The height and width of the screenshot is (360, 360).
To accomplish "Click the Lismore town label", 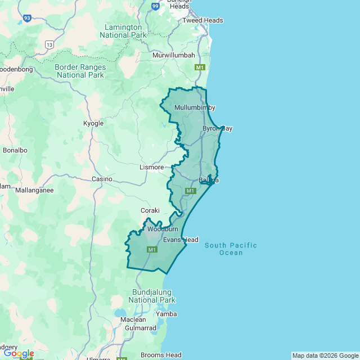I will (x=151, y=167).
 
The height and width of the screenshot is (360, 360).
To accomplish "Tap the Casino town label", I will (x=102, y=179).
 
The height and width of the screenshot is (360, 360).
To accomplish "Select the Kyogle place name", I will (x=93, y=123).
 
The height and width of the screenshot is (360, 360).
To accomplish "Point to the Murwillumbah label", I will (x=174, y=55).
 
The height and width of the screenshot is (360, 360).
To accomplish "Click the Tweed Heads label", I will (x=202, y=20).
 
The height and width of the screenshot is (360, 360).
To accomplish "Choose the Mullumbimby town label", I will (x=195, y=107).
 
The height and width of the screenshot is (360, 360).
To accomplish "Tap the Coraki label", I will (x=150, y=210).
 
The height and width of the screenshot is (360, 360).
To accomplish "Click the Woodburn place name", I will (x=163, y=229).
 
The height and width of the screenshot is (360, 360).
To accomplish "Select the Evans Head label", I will (x=181, y=240).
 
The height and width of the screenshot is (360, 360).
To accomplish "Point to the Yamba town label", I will (x=166, y=314).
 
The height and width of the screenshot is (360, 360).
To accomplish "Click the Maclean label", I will (x=133, y=319).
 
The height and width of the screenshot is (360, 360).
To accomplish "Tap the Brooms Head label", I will (x=161, y=355).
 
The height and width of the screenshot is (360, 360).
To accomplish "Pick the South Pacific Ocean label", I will (x=231, y=249).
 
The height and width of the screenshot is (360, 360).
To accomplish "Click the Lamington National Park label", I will (x=123, y=31).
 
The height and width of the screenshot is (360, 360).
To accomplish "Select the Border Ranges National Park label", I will (x=80, y=70).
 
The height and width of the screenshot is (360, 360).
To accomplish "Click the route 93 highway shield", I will (x=27, y=18).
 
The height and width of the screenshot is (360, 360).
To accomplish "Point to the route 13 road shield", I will (x=50, y=44).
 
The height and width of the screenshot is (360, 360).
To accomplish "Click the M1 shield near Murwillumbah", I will (x=199, y=67).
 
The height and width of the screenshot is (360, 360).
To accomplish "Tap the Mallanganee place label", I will (x=34, y=190).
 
